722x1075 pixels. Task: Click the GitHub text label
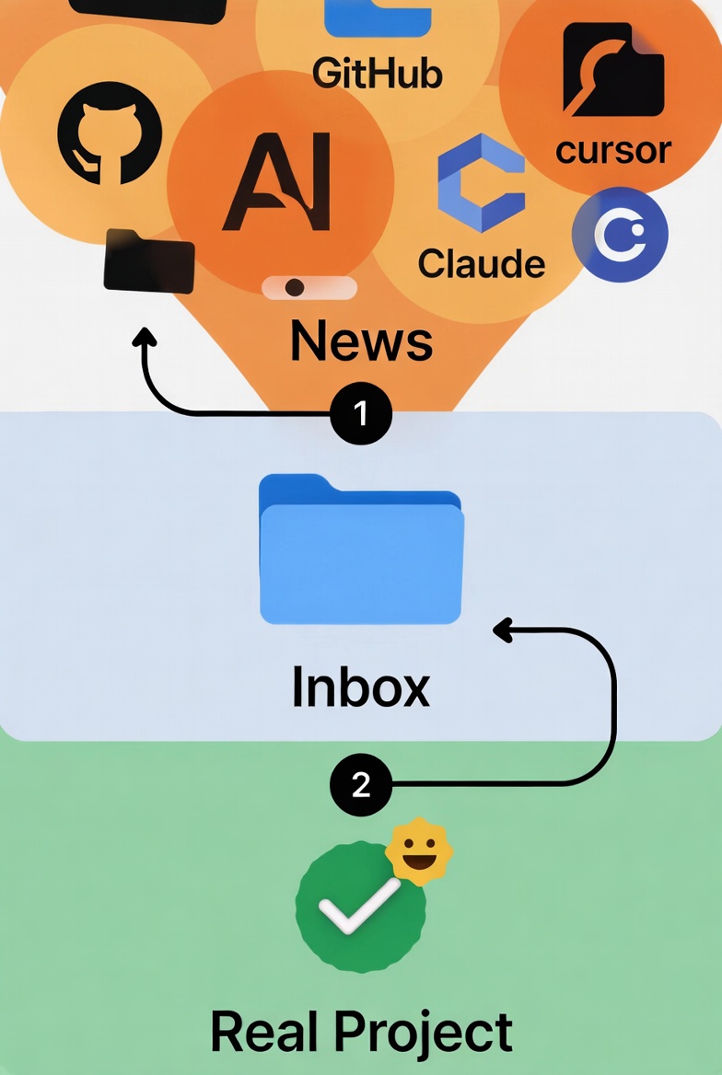378,73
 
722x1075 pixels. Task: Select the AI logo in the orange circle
277,181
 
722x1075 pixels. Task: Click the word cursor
613,148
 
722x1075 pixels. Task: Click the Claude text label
482,263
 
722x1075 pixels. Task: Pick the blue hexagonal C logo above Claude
481,183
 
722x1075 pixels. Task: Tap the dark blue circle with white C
620,235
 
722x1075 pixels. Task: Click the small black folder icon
149,260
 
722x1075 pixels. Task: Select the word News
361,341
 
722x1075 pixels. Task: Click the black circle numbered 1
361,414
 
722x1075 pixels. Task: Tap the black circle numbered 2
361,785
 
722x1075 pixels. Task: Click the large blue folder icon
361,549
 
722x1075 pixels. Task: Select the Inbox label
361,687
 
